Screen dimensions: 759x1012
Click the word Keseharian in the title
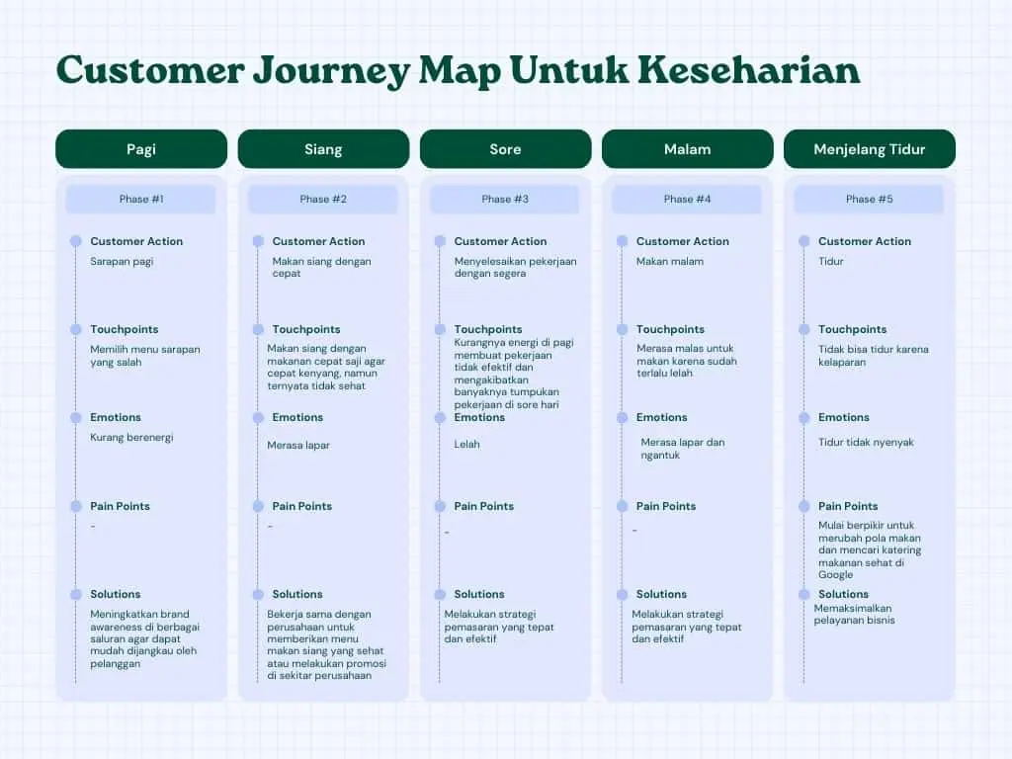(x=747, y=70)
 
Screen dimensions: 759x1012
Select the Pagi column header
(x=141, y=149)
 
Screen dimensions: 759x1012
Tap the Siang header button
(x=323, y=149)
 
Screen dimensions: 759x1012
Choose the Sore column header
(x=505, y=149)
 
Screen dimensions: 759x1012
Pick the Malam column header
(x=687, y=149)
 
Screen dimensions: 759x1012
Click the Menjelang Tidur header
(x=869, y=149)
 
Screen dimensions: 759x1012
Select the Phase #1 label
(x=141, y=199)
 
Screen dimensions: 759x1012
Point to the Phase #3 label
(x=505, y=199)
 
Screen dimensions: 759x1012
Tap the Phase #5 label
(x=869, y=199)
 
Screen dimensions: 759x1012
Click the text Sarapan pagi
(x=122, y=262)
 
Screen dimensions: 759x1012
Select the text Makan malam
(x=670, y=262)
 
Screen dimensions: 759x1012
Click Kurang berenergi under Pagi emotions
(x=131, y=437)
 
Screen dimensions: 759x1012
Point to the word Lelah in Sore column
(x=466, y=445)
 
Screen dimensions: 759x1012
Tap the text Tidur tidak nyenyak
(x=866, y=443)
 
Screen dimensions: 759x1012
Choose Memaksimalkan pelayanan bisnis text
(x=854, y=614)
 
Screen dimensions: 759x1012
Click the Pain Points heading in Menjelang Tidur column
(x=848, y=506)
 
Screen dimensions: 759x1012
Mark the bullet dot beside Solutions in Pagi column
(x=76, y=594)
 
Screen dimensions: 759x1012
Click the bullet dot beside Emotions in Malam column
(x=622, y=417)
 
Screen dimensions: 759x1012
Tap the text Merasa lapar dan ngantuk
(x=682, y=449)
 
